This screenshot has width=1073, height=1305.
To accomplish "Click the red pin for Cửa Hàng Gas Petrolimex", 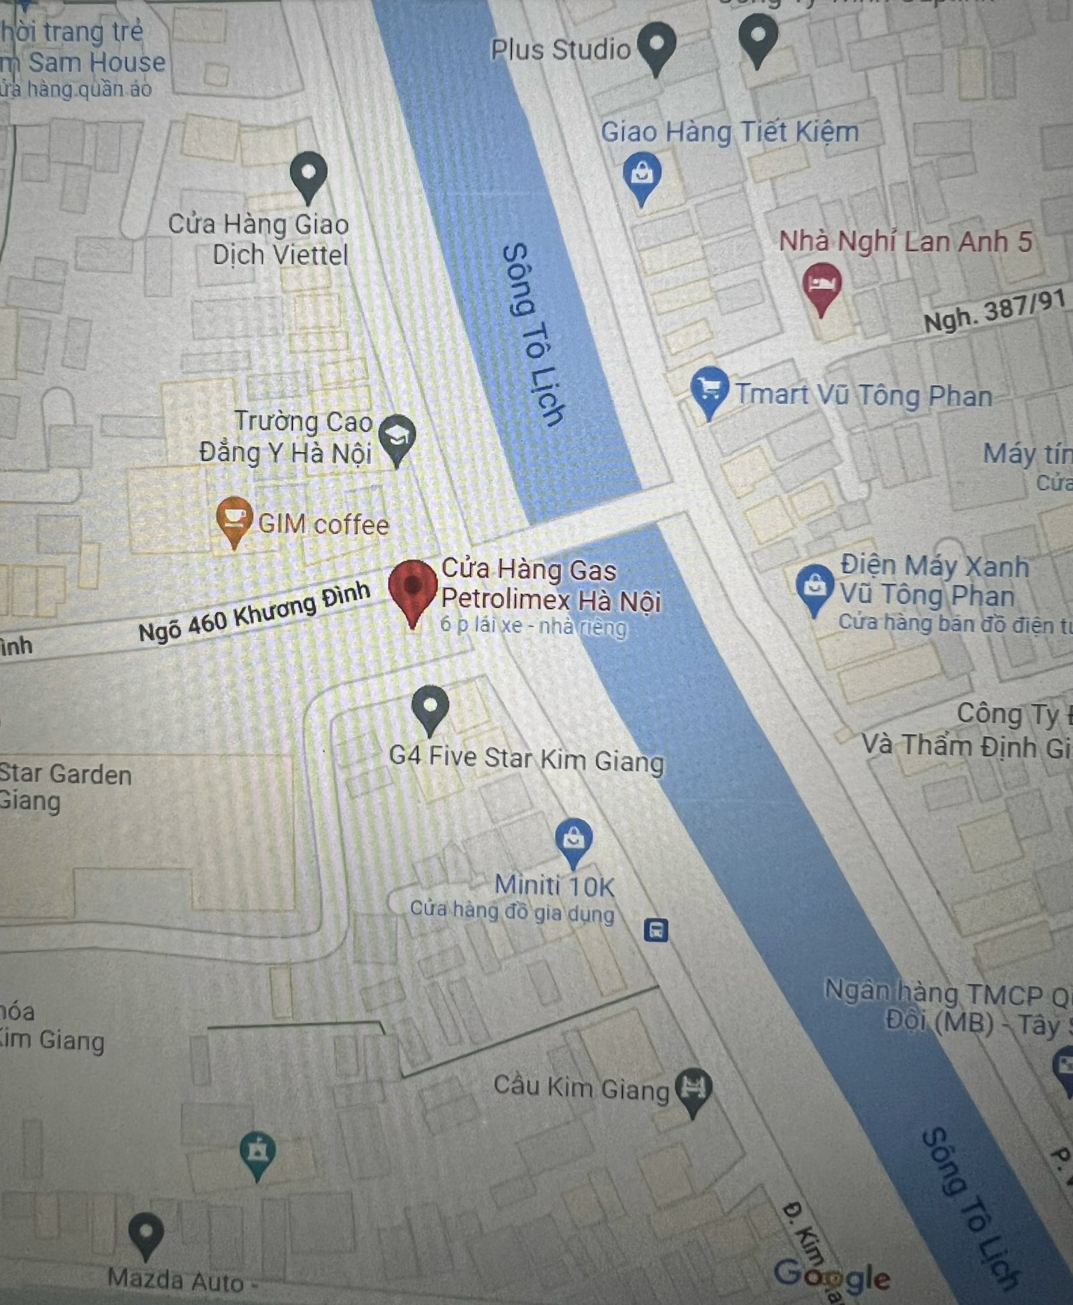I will point(413,588).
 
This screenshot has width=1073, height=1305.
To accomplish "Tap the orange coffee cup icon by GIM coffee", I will point(234,517).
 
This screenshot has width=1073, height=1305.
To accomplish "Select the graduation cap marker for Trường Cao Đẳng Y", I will point(397,436).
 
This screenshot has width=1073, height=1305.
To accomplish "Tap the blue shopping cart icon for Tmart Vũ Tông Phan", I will point(710,388).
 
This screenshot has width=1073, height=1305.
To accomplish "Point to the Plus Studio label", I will point(560,50).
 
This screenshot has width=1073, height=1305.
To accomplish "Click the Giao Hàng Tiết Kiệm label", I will point(729,133).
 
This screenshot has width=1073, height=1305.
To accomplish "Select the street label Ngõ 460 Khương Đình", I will point(254,612).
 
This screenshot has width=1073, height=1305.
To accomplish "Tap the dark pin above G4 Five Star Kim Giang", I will point(430,706).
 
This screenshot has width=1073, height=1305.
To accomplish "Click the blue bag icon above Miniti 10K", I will point(573,838).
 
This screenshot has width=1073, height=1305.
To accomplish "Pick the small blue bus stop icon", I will point(655,930).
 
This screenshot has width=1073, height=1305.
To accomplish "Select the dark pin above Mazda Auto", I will point(145,1232).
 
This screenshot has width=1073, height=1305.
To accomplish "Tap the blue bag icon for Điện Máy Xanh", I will point(814,586).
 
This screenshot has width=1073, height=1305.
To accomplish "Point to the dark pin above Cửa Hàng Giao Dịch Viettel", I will point(308,173).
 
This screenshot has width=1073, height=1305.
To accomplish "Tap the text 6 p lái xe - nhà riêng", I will point(533,626).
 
